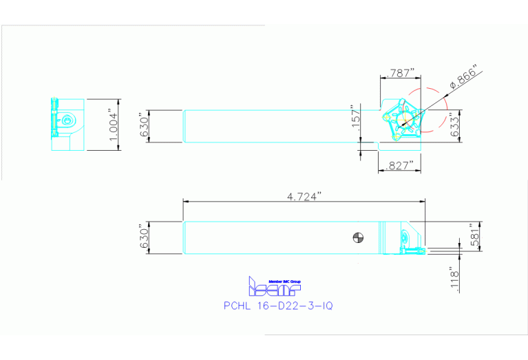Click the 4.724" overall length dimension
click(304, 196)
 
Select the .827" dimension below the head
click(399, 165)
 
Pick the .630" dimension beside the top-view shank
click(143, 126)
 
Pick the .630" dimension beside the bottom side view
click(143, 238)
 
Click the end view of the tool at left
click(67, 125)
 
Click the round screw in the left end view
click(66, 121)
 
